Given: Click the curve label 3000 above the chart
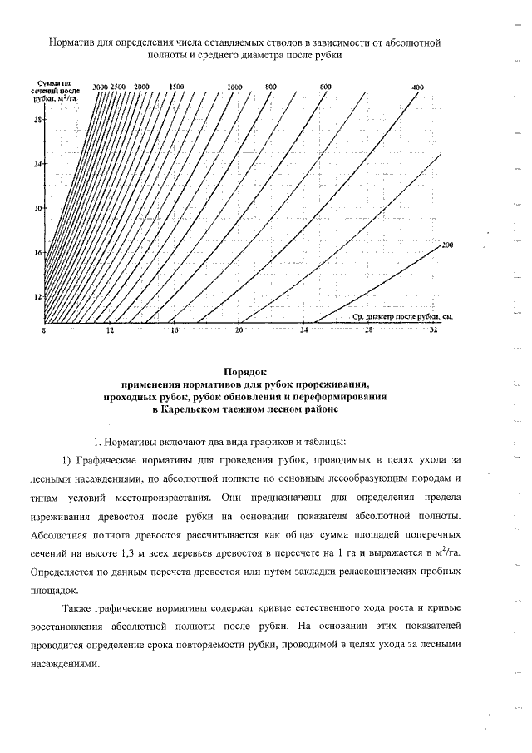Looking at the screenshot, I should [x=100, y=87].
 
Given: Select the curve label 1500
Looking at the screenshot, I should [x=175, y=87].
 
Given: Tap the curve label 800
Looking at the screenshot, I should [x=270, y=87].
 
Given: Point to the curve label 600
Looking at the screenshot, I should [x=325, y=87].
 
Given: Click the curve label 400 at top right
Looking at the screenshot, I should [x=417, y=87].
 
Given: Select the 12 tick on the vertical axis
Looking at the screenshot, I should [x=37, y=296].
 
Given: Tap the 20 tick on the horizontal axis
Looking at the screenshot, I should [x=239, y=330].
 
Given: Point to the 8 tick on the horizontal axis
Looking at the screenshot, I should [x=44, y=330].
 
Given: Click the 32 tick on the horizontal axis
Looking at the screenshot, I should [x=433, y=330].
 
